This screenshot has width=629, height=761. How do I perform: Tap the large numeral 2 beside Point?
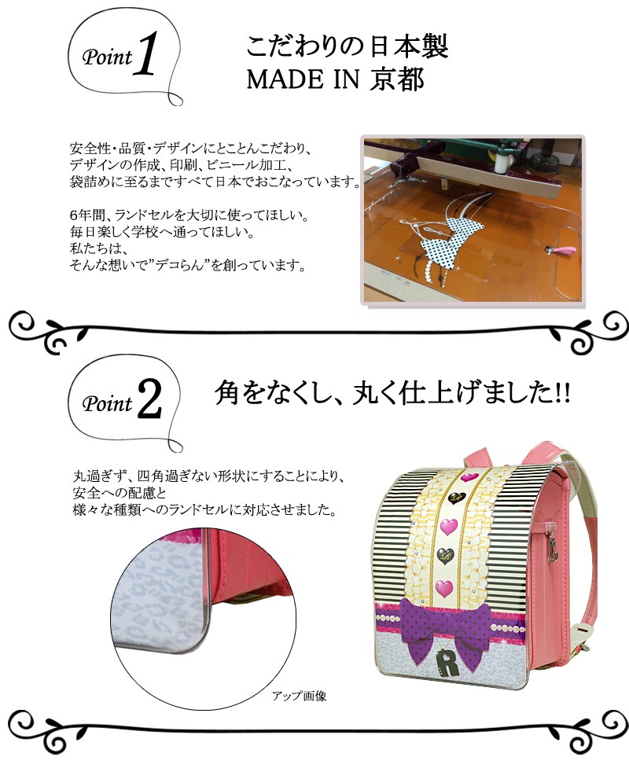click(x=149, y=402)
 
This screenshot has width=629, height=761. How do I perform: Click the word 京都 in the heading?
click(x=396, y=79)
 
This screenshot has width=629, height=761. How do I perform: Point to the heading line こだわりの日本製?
click(x=347, y=48)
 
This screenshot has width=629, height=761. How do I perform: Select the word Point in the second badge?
click(x=107, y=405)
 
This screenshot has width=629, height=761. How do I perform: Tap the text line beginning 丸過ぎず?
click(x=208, y=476)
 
